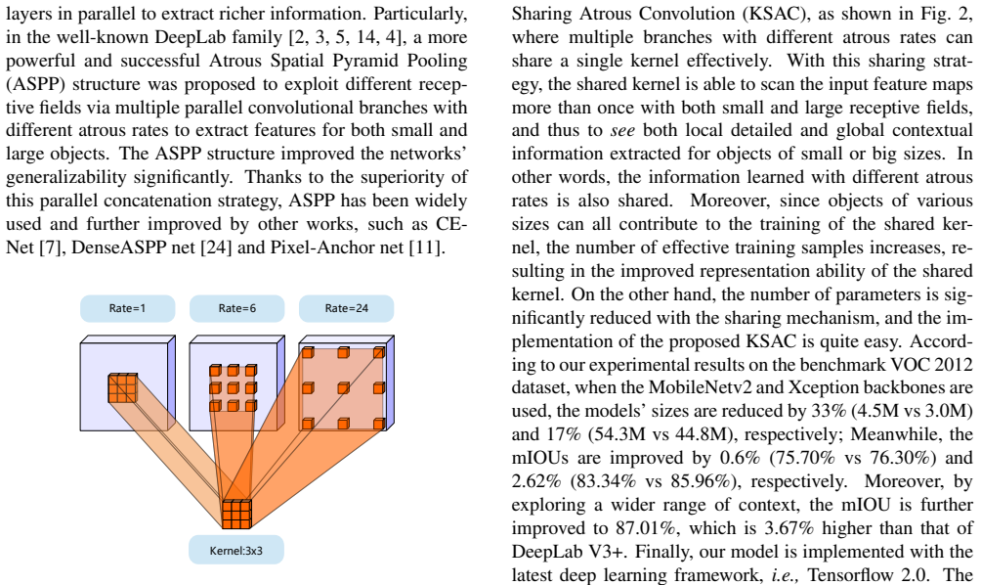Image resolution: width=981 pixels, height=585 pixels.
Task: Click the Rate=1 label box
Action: coord(128,308)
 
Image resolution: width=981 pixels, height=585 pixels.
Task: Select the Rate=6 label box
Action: coord(237,308)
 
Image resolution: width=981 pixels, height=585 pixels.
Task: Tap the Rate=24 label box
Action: coord(347,308)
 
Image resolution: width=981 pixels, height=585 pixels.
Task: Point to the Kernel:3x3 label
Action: coord(236,551)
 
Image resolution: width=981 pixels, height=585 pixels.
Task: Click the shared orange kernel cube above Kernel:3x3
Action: coord(237,514)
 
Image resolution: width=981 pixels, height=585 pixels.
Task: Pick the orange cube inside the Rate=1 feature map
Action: coord(123,387)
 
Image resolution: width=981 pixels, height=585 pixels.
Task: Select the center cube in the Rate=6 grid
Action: coord(233,388)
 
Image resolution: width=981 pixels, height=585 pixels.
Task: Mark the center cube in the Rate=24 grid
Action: coord(343,388)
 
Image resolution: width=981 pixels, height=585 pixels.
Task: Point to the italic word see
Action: coord(622,131)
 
